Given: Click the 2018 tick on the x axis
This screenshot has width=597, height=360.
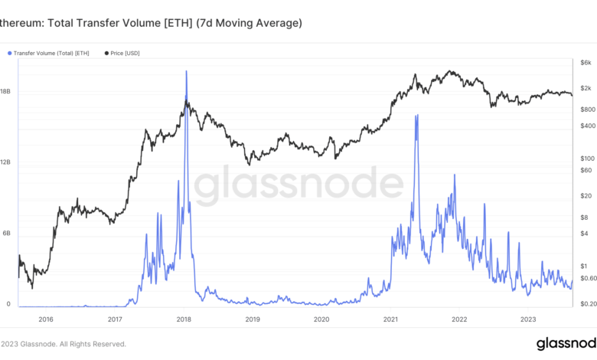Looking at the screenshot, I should [x=184, y=319].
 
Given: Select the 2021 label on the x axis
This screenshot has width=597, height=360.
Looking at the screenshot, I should [x=390, y=319].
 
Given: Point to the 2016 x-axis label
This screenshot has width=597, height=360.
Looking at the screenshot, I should [x=45, y=319].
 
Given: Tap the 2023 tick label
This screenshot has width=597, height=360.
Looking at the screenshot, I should [x=528, y=319].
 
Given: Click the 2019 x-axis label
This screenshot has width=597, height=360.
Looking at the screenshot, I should [x=253, y=319].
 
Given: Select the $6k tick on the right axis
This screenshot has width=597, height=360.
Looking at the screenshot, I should [x=586, y=62].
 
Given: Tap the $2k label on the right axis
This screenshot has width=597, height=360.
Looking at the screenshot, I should [x=586, y=89].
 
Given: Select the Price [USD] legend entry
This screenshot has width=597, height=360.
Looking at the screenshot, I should [x=125, y=53].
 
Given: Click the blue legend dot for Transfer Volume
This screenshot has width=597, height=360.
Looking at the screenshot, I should [x=9, y=53].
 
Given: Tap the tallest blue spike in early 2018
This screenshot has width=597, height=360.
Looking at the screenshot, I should [x=186, y=71].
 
